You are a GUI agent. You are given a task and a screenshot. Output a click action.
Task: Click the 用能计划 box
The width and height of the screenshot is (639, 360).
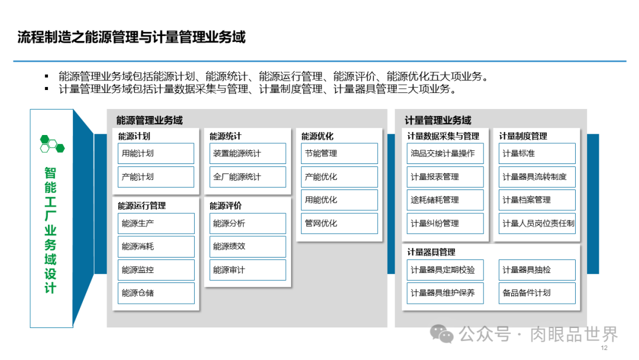[x=156, y=153]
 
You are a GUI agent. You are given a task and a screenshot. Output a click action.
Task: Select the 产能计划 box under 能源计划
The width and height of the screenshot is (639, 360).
[x=156, y=177]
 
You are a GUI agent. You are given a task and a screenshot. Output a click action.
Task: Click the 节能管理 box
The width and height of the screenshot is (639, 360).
[x=339, y=153]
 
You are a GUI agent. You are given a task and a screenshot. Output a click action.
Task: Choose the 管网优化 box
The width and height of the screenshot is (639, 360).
[x=339, y=223]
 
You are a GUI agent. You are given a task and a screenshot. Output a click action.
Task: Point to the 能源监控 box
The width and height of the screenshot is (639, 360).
[x=156, y=270]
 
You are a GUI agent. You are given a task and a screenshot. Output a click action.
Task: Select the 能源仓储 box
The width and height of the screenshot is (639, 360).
[x=156, y=293]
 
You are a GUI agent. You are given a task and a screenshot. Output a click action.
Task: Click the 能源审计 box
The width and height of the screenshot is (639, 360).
[x=247, y=270]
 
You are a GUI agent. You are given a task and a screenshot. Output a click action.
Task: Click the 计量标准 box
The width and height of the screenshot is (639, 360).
[x=537, y=153]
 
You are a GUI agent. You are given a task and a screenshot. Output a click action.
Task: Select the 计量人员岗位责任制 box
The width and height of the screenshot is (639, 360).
[x=537, y=223]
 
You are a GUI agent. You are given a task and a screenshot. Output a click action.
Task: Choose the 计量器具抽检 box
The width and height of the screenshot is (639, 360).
[x=537, y=270]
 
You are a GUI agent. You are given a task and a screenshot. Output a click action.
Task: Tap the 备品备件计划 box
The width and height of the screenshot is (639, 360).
[x=537, y=293]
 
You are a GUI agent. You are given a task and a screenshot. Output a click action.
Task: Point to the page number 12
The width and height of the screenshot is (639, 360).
[x=603, y=349]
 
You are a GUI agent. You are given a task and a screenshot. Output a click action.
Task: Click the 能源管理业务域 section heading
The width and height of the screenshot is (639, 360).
[x=150, y=120]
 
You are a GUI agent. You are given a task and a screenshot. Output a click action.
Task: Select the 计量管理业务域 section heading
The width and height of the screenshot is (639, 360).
[x=438, y=120]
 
